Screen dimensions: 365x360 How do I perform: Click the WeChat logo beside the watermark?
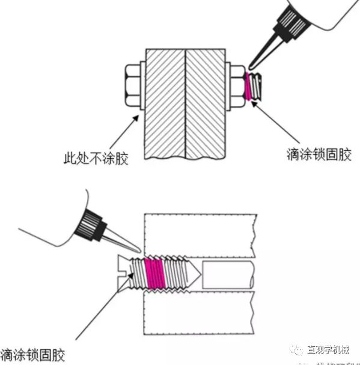pyautogui.click(x=296, y=349)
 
